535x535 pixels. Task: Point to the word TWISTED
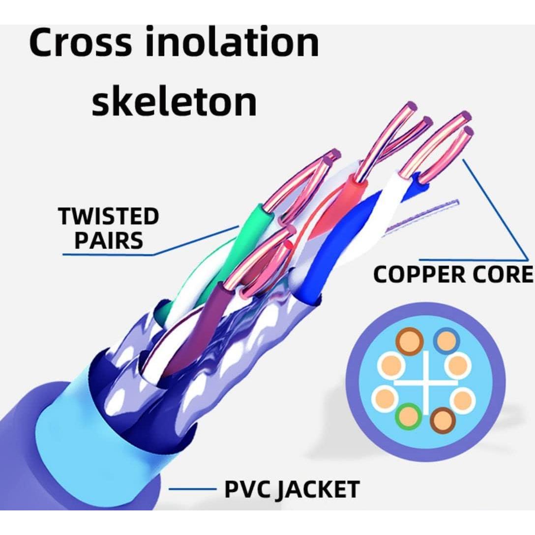pyautogui.click(x=109, y=217)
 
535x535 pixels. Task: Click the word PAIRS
pyautogui.click(x=109, y=241)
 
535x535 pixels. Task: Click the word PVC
pyautogui.click(x=245, y=489)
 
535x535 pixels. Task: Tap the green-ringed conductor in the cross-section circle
pyautogui.click(x=408, y=416)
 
